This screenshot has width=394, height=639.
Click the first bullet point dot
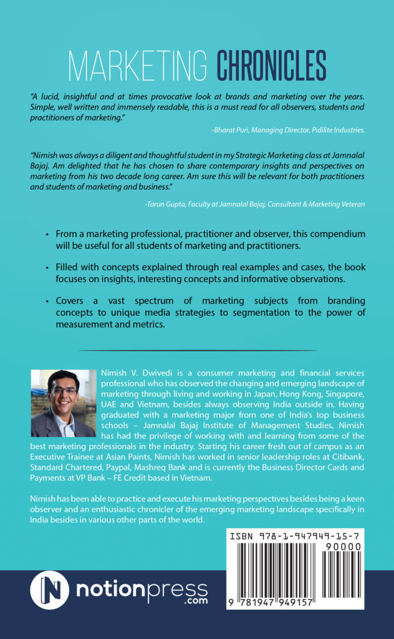point(48,234)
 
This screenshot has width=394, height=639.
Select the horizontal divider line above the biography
point(197,350)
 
